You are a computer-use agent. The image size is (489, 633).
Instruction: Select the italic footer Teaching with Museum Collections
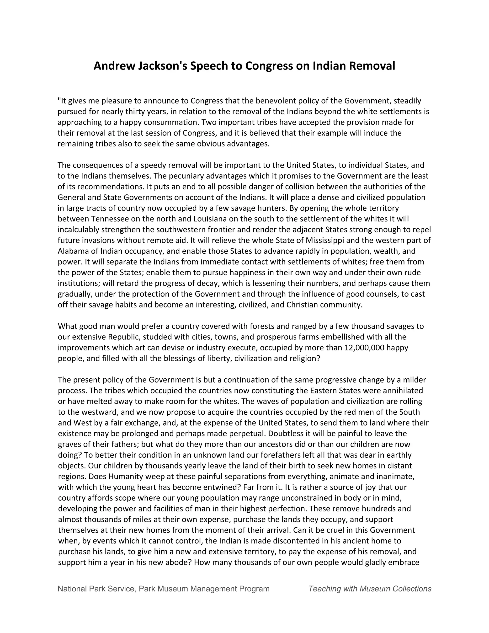370,589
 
